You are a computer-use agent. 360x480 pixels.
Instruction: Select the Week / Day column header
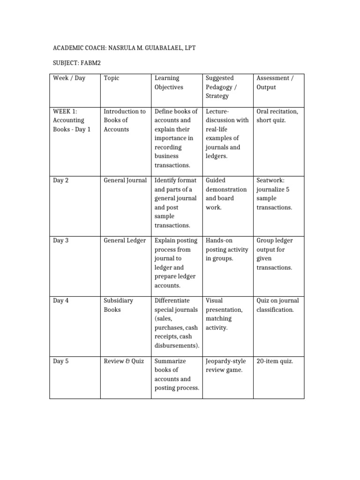[x=69, y=78]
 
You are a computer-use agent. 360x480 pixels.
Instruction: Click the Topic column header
[x=112, y=78]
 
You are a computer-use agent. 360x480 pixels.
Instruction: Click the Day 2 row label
[x=61, y=180]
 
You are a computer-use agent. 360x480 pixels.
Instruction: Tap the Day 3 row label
[x=61, y=240]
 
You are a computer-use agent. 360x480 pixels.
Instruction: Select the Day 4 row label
[x=61, y=300]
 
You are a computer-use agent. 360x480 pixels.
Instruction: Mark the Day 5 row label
[x=61, y=361]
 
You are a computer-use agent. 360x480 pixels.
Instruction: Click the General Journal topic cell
[x=125, y=180]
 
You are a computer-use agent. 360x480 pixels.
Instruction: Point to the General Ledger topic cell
[x=125, y=240]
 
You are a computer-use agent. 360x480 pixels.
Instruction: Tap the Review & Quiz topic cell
[x=124, y=361]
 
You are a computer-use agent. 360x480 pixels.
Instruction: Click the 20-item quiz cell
[x=275, y=361]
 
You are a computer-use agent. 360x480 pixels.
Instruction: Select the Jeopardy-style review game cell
[x=226, y=366]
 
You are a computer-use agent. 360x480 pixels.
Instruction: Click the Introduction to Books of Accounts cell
[x=125, y=120]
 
